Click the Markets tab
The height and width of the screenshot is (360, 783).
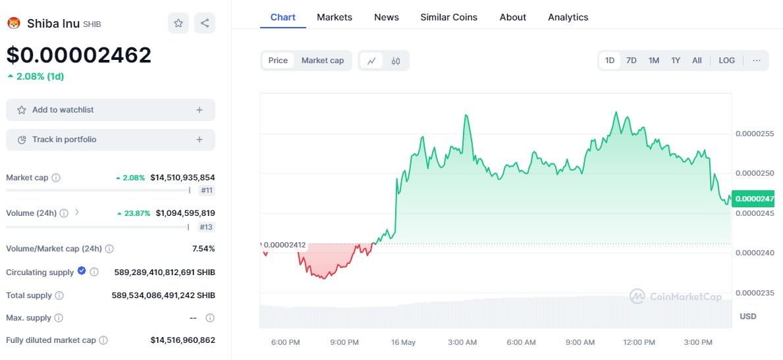pyautogui.click(x=335, y=17)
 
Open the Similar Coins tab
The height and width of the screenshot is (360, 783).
pyautogui.click(x=448, y=17)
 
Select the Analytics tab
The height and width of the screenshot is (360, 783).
pyautogui.click(x=568, y=17)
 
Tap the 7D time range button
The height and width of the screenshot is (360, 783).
pyautogui.click(x=631, y=61)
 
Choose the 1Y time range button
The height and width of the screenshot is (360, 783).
pyautogui.click(x=676, y=61)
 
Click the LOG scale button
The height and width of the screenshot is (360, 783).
pyautogui.click(x=726, y=61)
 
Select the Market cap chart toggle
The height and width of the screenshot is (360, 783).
pyautogui.click(x=323, y=61)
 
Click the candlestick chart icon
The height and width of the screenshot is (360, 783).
pyautogui.click(x=396, y=61)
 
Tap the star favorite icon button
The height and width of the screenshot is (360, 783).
pyautogui.click(x=178, y=23)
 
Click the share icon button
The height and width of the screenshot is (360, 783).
pyautogui.click(x=205, y=23)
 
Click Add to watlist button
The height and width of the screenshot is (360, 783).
pyautogui.click(x=111, y=110)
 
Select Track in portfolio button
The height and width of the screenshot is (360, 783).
pyautogui.click(x=111, y=140)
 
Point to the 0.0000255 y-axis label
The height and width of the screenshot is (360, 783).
pyautogui.click(x=755, y=134)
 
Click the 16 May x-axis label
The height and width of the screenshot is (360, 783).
pyautogui.click(x=403, y=342)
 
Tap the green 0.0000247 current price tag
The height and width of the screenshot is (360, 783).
pyautogui.click(x=754, y=198)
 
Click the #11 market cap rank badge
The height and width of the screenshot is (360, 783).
pyautogui.click(x=207, y=191)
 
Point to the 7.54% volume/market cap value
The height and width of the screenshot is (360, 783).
pyautogui.click(x=204, y=249)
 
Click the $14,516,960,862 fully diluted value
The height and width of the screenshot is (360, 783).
pyautogui.click(x=182, y=340)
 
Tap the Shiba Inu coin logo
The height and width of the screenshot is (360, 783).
pyautogui.click(x=14, y=24)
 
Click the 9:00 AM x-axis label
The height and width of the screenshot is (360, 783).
pyautogui.click(x=580, y=342)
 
